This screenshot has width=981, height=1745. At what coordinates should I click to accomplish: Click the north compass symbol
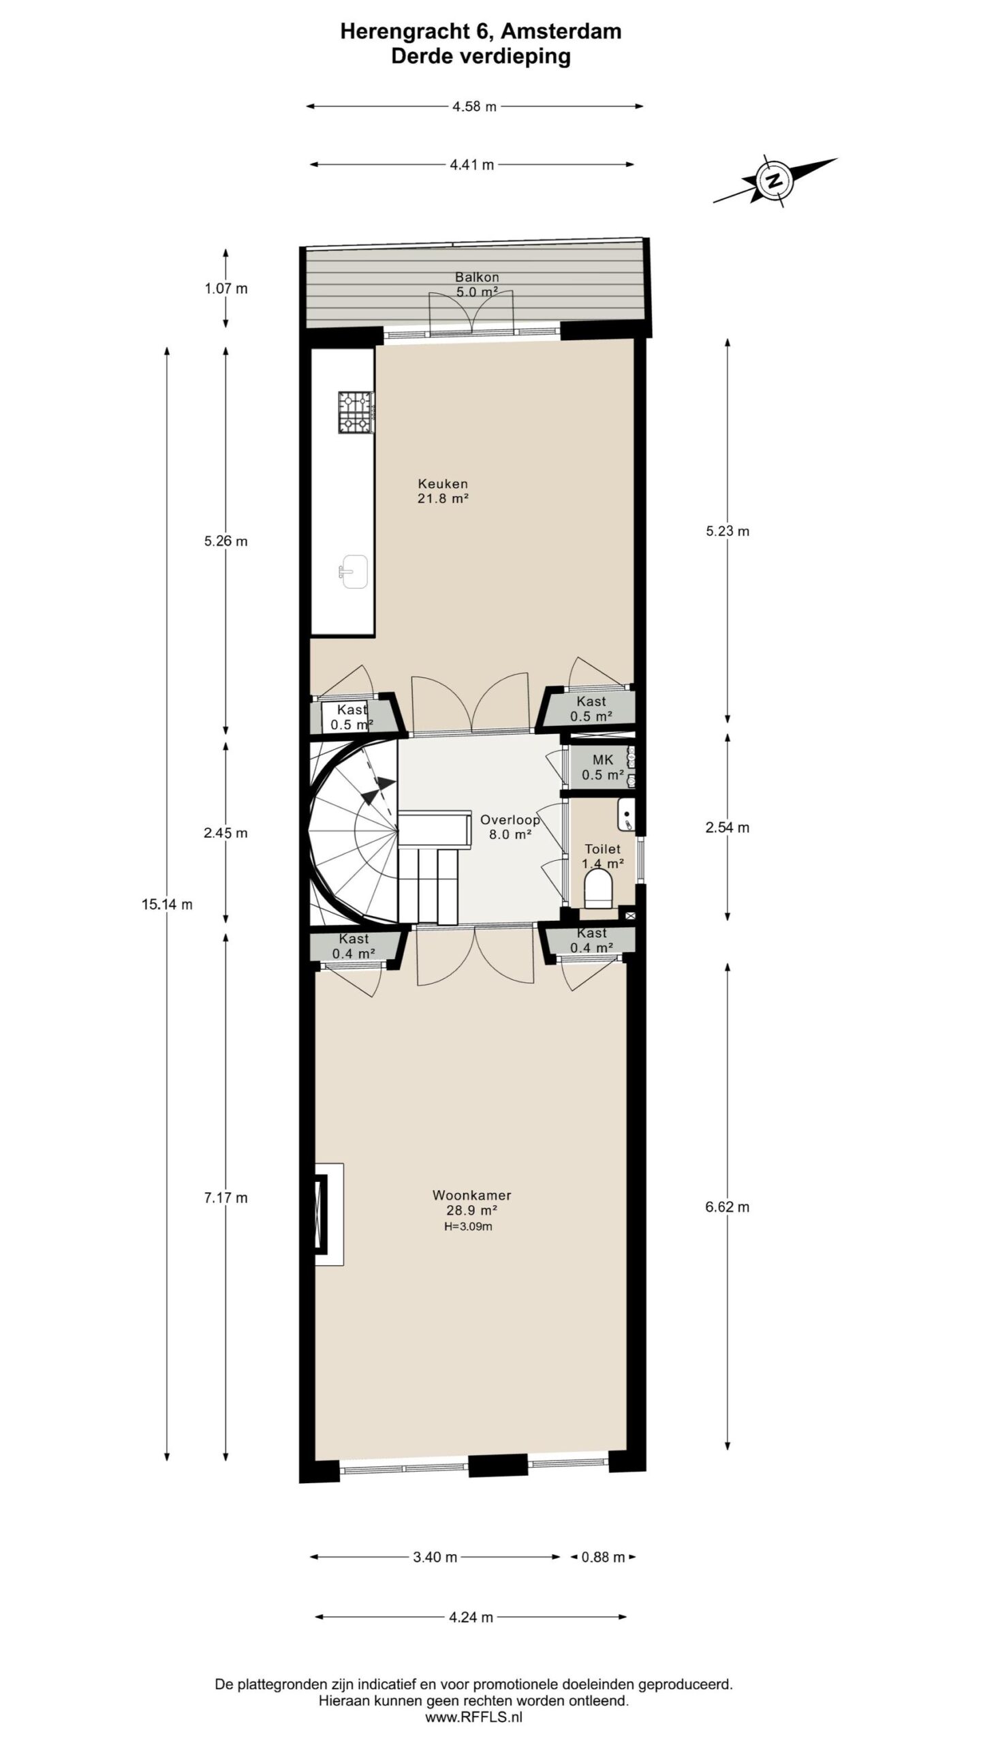tap(774, 181)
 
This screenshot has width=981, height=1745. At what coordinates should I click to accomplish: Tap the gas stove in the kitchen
tap(355, 412)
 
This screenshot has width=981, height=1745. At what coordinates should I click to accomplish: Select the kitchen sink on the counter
tap(353, 571)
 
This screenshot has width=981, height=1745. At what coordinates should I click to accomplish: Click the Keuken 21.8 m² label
tap(443, 491)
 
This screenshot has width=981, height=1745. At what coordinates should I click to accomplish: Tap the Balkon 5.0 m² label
tap(477, 284)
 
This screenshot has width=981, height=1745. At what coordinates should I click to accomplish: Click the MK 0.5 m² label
tap(603, 768)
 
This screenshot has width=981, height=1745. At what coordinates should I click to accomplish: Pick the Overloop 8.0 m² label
tap(510, 826)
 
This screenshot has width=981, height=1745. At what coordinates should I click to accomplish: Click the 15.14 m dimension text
tap(167, 905)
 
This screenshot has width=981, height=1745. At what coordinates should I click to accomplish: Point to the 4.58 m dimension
tap(474, 106)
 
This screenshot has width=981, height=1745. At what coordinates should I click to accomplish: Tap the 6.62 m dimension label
tap(728, 1207)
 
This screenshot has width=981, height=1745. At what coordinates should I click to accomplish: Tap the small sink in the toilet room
tap(627, 815)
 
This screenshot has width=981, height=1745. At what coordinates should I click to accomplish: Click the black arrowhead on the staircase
tap(379, 790)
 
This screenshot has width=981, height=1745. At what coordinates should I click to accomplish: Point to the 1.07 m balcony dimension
tap(226, 288)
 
